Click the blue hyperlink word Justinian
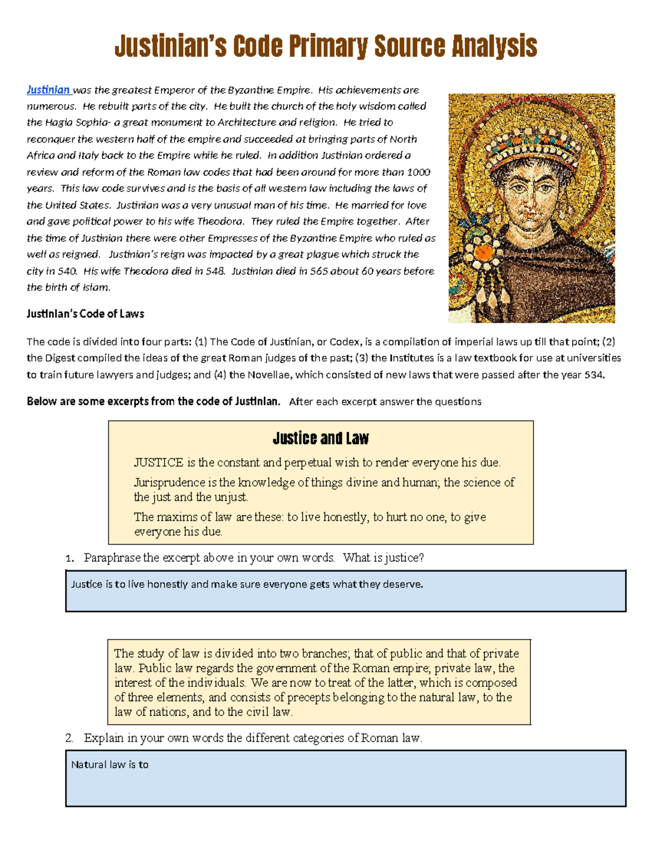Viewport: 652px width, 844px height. click(48, 90)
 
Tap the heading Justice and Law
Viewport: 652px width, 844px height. click(321, 438)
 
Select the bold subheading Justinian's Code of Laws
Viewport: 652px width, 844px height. click(85, 314)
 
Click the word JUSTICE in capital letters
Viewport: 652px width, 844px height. click(158, 462)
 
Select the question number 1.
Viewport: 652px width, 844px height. click(68, 558)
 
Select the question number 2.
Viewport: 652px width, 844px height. click(68, 738)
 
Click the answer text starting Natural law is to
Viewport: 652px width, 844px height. click(110, 764)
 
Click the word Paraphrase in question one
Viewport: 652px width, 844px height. click(112, 558)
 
